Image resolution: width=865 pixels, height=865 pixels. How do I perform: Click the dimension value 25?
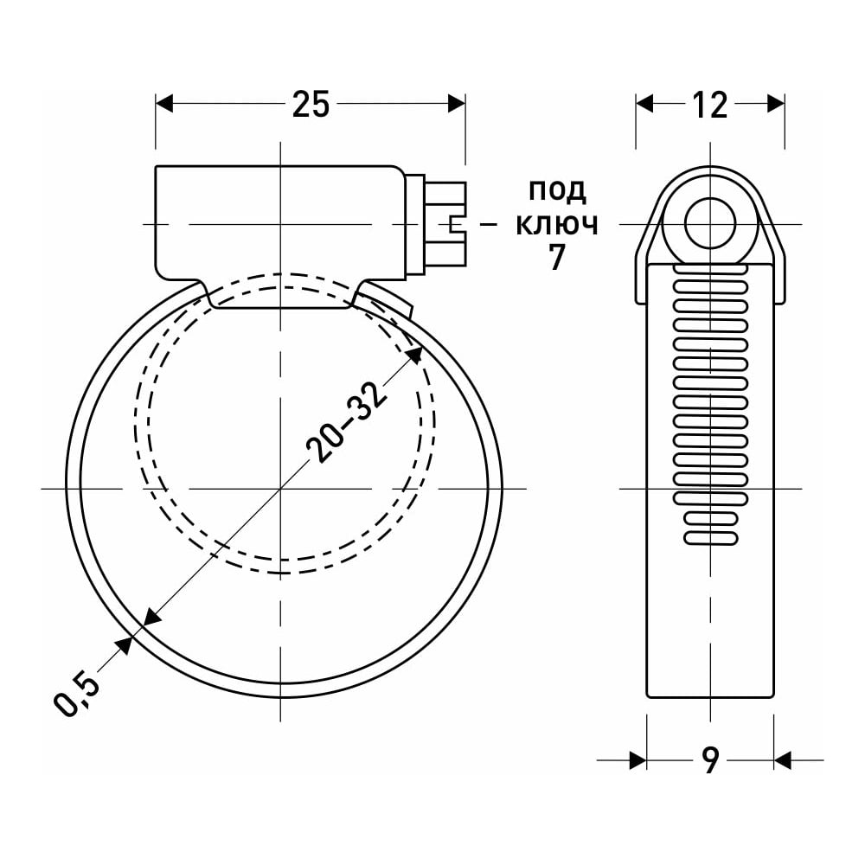coord(311,104)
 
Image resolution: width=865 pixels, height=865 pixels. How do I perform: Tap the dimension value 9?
coord(711,760)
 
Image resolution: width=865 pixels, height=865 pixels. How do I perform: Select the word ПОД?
coord(557,191)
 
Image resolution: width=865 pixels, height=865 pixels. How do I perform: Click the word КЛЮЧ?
coord(557,225)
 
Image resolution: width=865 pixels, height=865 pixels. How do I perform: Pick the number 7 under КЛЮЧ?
coord(557,257)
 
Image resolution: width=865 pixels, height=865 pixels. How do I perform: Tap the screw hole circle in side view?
coord(710,224)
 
